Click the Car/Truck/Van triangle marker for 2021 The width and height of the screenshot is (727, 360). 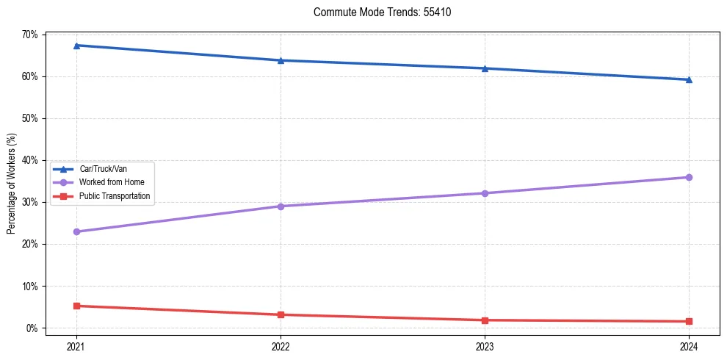(x=76, y=46)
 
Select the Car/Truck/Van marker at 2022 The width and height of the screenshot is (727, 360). (x=281, y=60)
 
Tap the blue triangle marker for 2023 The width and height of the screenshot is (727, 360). (x=485, y=68)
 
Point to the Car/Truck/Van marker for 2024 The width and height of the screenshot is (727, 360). (x=689, y=79)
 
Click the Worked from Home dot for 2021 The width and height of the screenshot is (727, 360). (x=76, y=231)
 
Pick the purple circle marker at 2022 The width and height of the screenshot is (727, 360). (x=281, y=206)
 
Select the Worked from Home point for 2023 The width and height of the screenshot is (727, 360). (x=485, y=193)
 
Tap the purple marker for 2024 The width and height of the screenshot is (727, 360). (x=689, y=177)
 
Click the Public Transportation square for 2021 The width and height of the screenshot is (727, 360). (x=76, y=306)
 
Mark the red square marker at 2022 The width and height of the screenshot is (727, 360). (x=281, y=314)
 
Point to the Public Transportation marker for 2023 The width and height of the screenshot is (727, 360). (x=485, y=320)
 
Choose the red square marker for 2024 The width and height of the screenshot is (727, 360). (x=689, y=321)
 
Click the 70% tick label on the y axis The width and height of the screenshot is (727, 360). (x=31, y=35)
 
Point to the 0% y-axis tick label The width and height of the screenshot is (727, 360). (x=33, y=328)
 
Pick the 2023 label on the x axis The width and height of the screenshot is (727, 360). (x=485, y=345)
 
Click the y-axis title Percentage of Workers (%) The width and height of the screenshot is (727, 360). (x=11, y=184)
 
